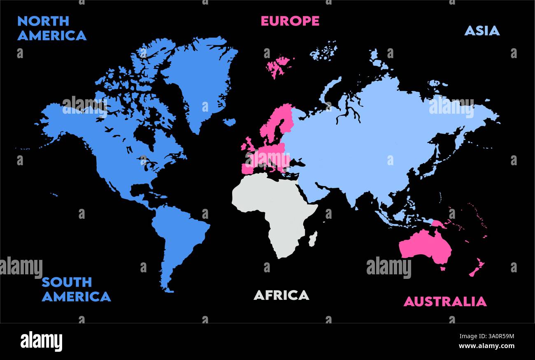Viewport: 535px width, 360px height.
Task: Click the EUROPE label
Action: click(290, 21)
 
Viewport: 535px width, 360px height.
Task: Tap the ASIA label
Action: click(481, 30)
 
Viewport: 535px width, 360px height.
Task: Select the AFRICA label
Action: click(281, 295)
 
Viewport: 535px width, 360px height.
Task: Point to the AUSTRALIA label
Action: click(444, 302)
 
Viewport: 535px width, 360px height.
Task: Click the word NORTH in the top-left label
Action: click(43, 21)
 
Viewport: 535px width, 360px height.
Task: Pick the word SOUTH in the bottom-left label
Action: click(67, 282)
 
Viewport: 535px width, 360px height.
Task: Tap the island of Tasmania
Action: click(443, 269)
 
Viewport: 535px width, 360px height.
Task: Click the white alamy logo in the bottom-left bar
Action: click(41, 341)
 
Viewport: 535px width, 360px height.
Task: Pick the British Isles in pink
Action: click(248, 147)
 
